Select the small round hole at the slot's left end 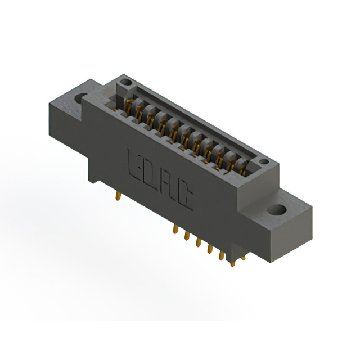click(127, 84)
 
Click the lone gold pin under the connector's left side click(118, 195)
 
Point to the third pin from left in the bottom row click(199, 242)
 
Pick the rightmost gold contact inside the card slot click(242, 166)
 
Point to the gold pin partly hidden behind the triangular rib click(242, 259)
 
